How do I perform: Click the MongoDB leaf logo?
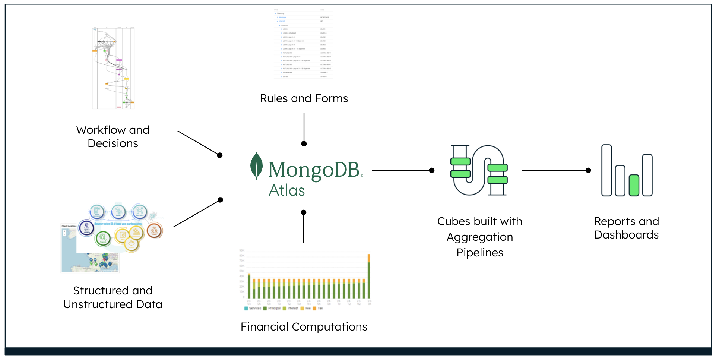click(x=256, y=166)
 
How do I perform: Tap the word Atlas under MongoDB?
click(x=287, y=190)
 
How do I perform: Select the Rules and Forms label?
click(x=304, y=98)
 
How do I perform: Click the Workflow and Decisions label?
click(x=113, y=136)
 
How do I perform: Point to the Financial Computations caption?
click(x=304, y=327)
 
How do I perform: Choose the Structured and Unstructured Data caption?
click(x=113, y=297)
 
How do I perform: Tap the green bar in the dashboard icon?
click(x=634, y=185)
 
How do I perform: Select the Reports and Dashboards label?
click(x=626, y=228)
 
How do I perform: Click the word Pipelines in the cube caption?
click(x=480, y=253)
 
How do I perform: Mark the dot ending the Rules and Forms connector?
click(x=304, y=144)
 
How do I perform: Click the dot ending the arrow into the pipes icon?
click(x=432, y=170)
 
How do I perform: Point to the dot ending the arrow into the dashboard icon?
click(x=588, y=170)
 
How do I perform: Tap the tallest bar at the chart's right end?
click(x=369, y=278)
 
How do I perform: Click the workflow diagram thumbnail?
click(x=113, y=68)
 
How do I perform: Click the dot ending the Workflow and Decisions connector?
click(x=220, y=155)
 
